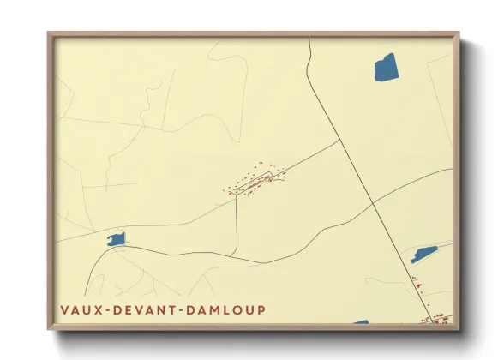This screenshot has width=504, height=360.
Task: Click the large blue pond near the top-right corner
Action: (386, 67)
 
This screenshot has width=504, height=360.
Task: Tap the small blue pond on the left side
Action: (116, 240)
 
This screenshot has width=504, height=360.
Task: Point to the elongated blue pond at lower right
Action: (424, 254)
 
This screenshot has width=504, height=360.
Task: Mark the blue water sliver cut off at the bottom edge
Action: (360, 322)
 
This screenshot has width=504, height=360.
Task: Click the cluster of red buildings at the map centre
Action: (255, 183)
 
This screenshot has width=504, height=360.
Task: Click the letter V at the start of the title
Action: (64, 309)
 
